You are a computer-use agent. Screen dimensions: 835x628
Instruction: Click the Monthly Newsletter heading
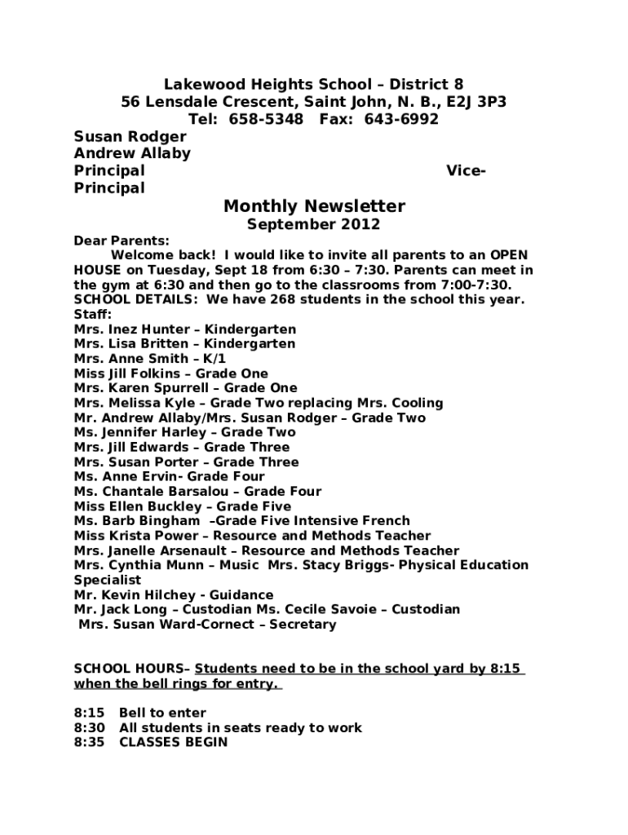click(314, 206)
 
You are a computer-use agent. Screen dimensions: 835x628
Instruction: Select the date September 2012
click(314, 224)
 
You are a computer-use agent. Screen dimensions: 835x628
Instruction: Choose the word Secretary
click(303, 625)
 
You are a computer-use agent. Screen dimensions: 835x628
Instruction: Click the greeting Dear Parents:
click(122, 241)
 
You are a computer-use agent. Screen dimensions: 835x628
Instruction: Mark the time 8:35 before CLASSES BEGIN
click(89, 742)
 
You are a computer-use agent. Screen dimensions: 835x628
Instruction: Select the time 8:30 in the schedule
click(89, 727)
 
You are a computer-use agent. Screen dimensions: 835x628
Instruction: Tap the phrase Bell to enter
click(163, 713)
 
